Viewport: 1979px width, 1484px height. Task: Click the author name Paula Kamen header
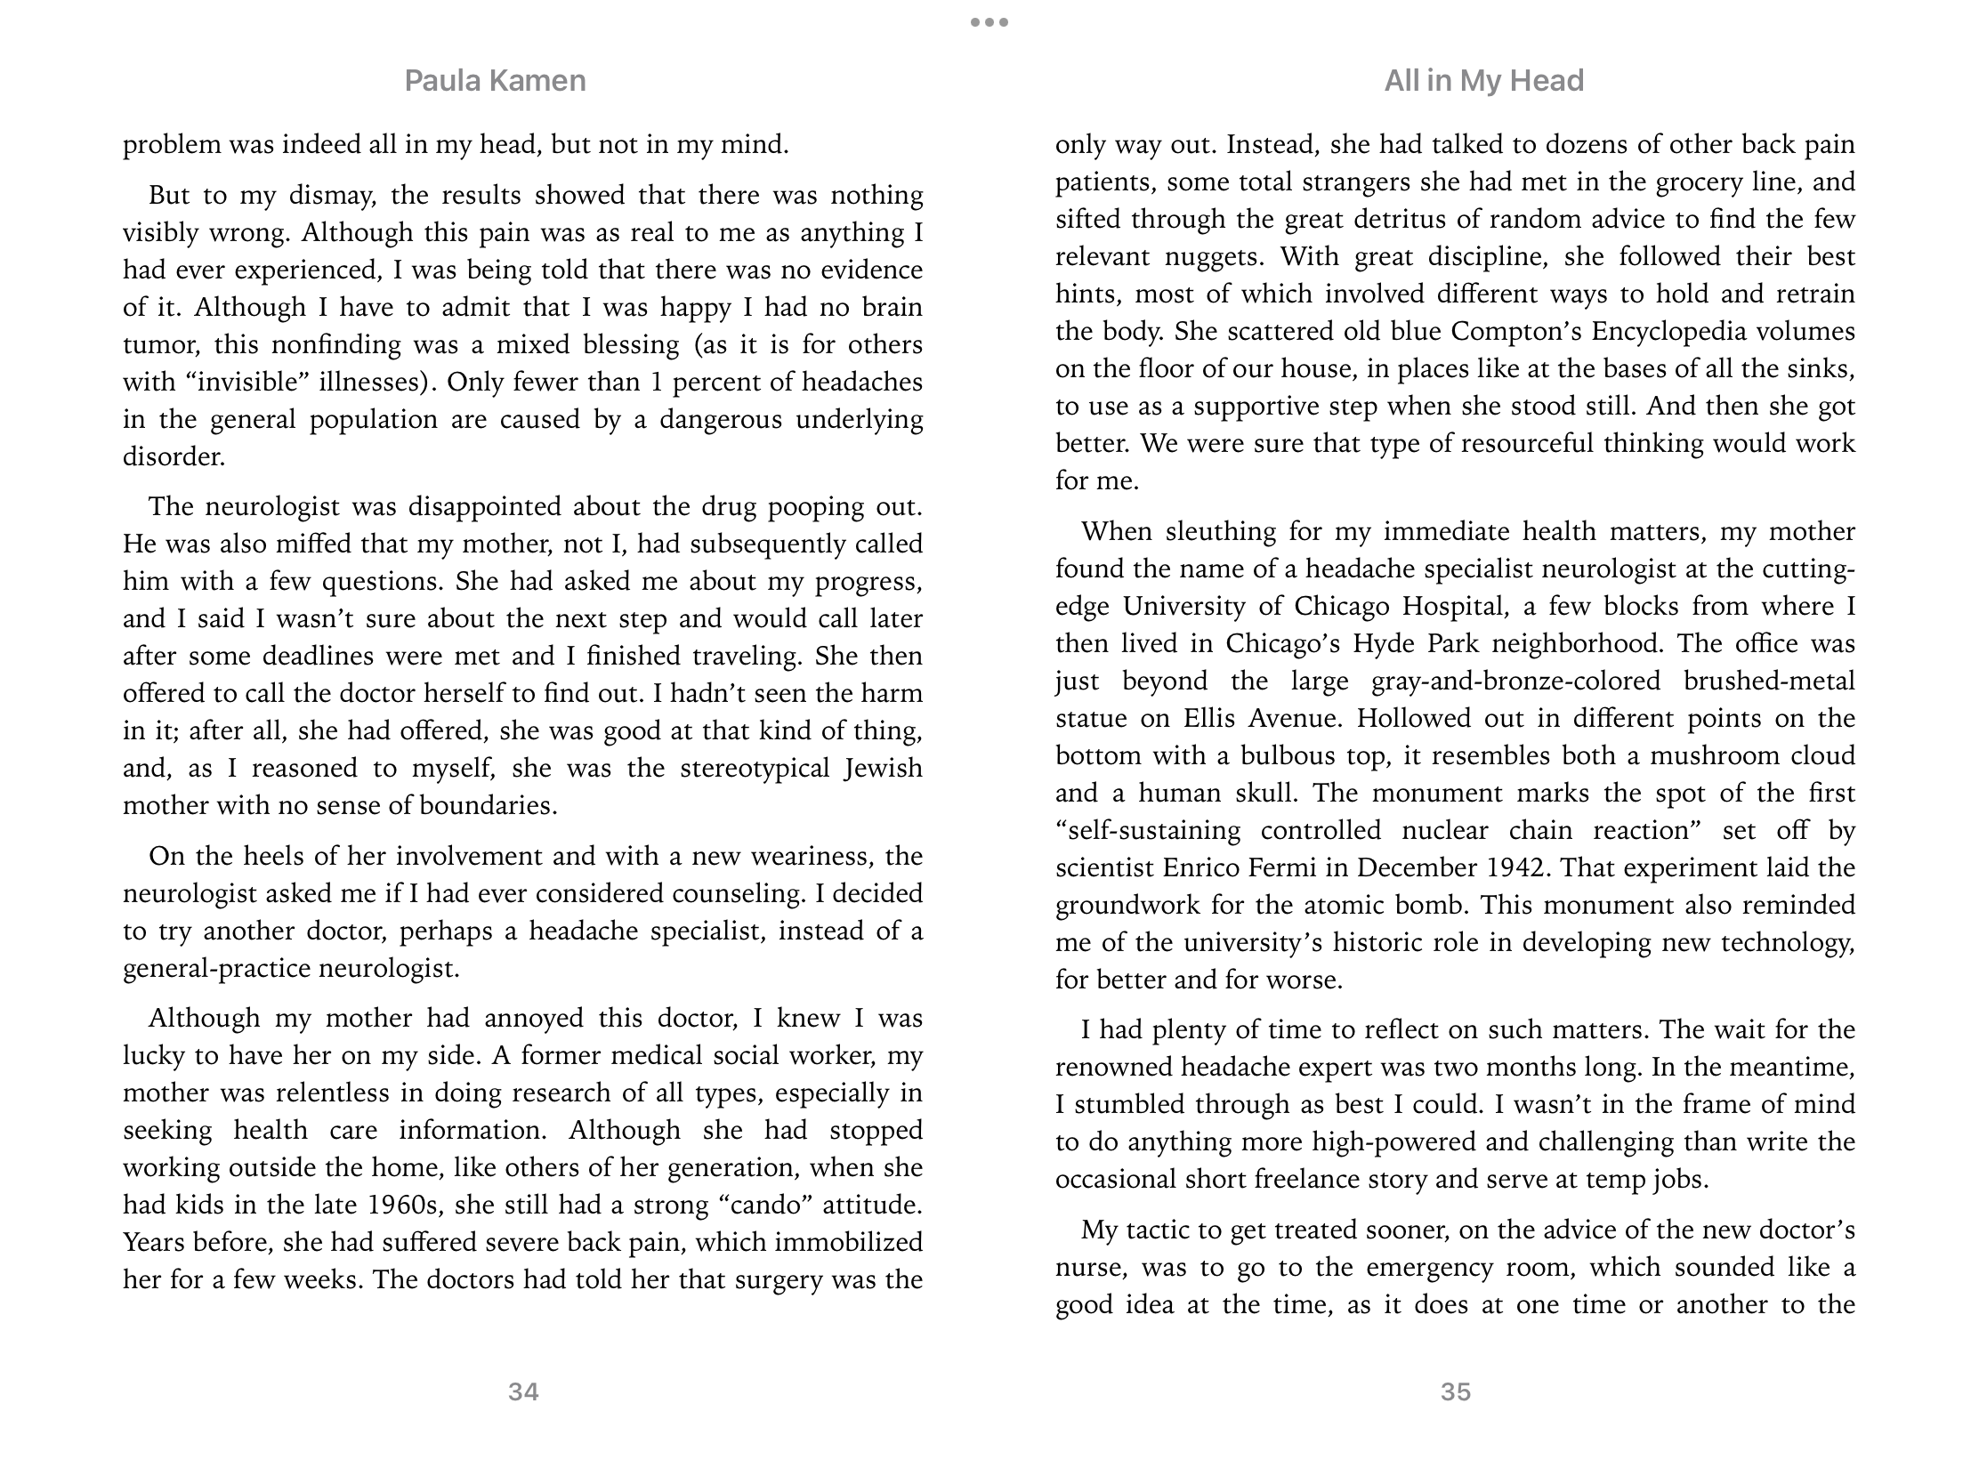pos(495,80)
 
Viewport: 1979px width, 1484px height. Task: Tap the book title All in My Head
pos(1483,80)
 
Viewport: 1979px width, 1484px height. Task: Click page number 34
pos(523,1391)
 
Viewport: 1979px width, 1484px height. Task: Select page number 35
pos(1456,1391)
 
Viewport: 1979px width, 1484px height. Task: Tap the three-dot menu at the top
pos(989,22)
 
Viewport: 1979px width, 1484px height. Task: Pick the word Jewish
pos(882,768)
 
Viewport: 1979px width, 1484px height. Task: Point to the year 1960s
pos(404,1205)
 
